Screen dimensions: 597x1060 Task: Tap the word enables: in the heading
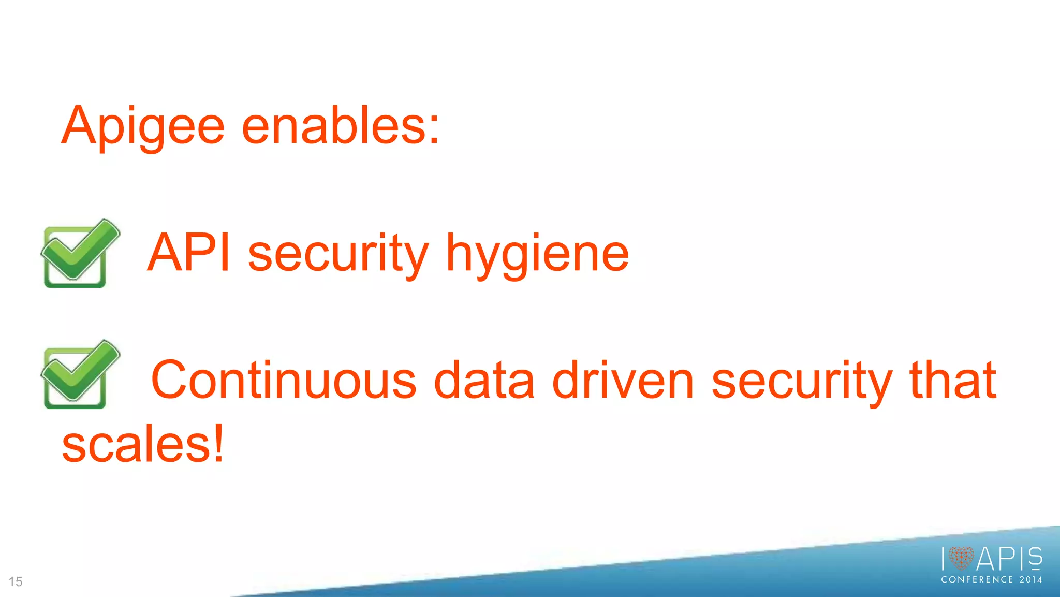pyautogui.click(x=339, y=126)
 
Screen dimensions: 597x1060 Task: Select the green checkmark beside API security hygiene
pyautogui.click(x=80, y=253)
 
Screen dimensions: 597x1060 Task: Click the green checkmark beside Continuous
pyautogui.click(x=80, y=374)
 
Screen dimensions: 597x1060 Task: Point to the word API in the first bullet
pyautogui.click(x=188, y=253)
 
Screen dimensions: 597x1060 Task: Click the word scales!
pyautogui.click(x=142, y=444)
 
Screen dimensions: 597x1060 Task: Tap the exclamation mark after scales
pyautogui.click(x=219, y=443)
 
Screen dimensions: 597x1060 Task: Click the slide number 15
pyautogui.click(x=16, y=581)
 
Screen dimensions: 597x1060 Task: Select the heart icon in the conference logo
pyautogui.click(x=961, y=558)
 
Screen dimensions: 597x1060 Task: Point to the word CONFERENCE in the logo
pyautogui.click(x=977, y=580)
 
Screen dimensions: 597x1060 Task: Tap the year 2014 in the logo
pyautogui.click(x=1030, y=580)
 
